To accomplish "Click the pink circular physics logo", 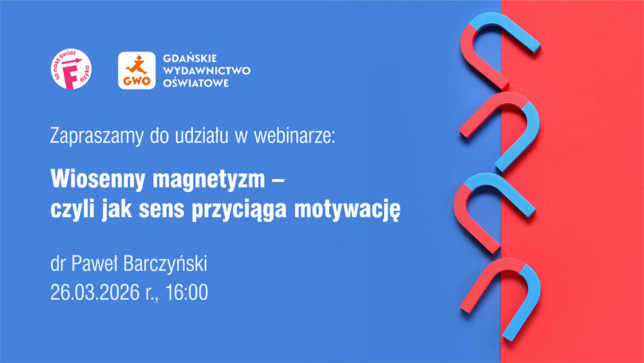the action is [x=71, y=68].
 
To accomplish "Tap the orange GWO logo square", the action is [x=137, y=70].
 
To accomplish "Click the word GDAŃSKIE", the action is [x=190, y=59].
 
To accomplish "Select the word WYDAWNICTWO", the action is [x=207, y=70].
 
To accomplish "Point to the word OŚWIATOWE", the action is [x=196, y=83].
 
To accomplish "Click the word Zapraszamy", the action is [x=97, y=136].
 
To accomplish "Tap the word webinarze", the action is [x=294, y=135].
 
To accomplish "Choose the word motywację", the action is [x=347, y=210].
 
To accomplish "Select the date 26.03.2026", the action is [x=95, y=292].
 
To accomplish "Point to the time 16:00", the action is [x=187, y=292].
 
